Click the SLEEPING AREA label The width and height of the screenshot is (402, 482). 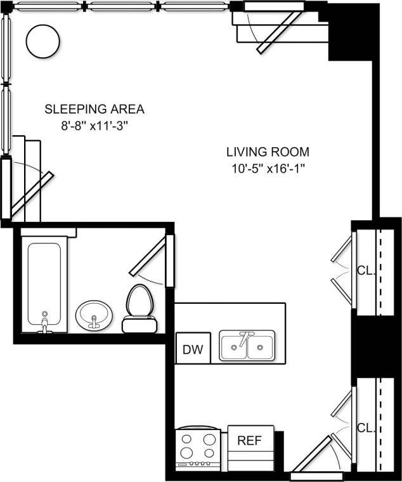(x=94, y=109)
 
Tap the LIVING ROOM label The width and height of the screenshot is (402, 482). (x=268, y=152)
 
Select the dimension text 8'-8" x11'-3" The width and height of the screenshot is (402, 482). (x=94, y=126)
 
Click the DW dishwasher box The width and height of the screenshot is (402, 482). (x=192, y=349)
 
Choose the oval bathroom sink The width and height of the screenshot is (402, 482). (x=94, y=314)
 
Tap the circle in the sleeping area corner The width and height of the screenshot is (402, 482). (x=43, y=41)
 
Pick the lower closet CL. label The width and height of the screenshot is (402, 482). (x=365, y=427)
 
